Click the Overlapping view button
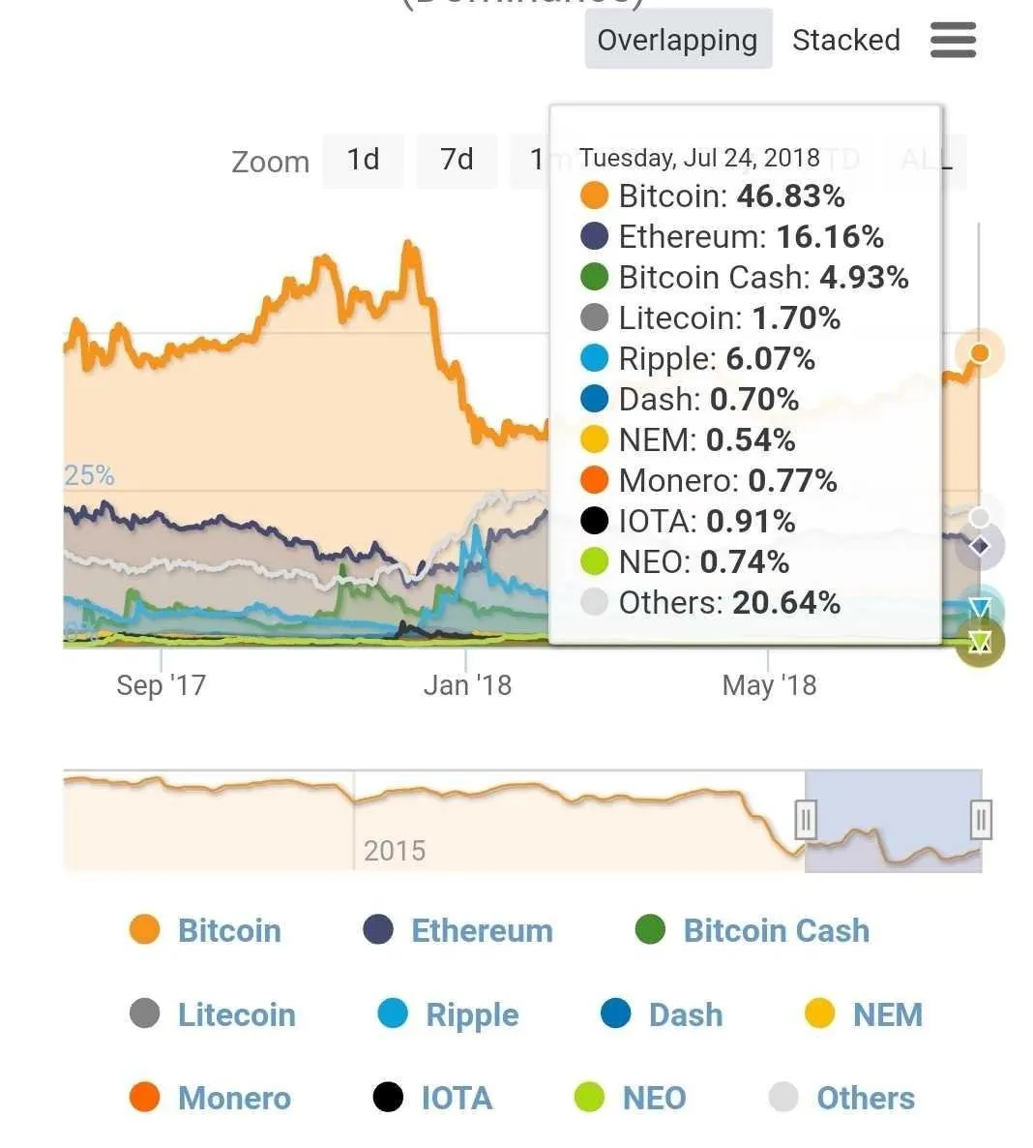coord(677,40)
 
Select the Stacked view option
coord(845,40)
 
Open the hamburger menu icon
coord(953,41)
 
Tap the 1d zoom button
coord(363,159)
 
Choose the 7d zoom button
coord(457,159)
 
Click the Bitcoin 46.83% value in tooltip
coord(789,196)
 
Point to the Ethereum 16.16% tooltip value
coord(830,237)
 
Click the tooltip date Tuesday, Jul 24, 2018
coord(699,158)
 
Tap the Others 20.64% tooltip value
coord(785,603)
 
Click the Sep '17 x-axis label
coord(161,685)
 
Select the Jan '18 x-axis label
coord(467,685)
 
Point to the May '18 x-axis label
coord(769,685)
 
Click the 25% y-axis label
coord(89,475)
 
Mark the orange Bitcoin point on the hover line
coord(980,353)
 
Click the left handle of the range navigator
coord(806,820)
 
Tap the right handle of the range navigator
coord(981,820)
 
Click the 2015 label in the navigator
coord(395,851)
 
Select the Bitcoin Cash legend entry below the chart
coord(776,931)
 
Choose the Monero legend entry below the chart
coord(234,1099)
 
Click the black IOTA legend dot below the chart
coord(388,1098)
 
